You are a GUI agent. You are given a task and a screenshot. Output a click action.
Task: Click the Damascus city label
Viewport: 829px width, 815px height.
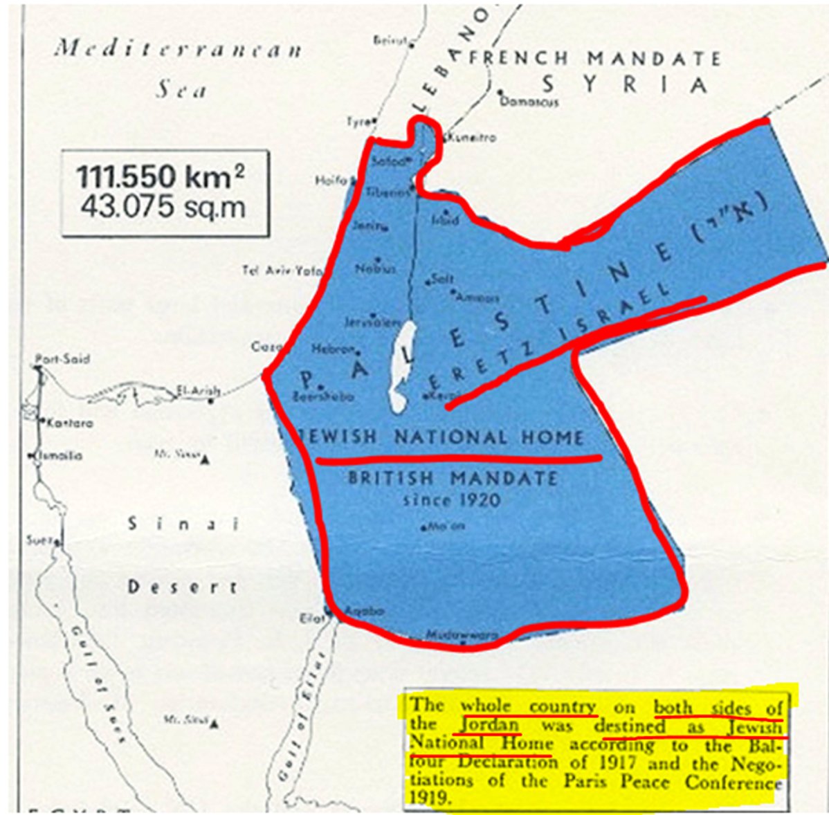[529, 102]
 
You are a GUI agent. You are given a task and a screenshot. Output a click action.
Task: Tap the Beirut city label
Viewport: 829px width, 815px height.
[391, 42]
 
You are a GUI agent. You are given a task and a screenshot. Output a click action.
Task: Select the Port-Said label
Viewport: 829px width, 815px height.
[62, 359]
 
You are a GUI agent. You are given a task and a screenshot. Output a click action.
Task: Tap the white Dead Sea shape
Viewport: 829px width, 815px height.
[402, 367]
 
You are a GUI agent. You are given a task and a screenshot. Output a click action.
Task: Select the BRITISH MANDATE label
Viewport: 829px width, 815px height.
[453, 478]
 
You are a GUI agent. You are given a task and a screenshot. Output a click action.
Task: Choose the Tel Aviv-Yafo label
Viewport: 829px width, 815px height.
[282, 271]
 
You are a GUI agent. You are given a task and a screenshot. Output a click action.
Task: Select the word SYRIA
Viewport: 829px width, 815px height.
[624, 84]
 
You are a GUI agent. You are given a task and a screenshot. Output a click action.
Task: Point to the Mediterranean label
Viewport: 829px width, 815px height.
[179, 50]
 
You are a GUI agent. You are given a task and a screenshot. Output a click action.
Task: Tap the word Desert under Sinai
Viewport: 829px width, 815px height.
[183, 587]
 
